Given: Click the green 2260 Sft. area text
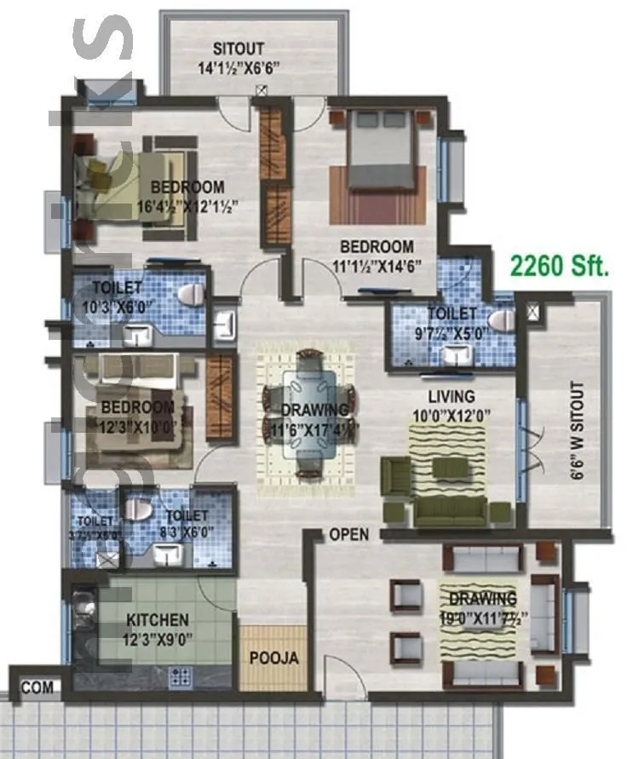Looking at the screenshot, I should click(560, 266).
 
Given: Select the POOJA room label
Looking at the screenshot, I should click(273, 658).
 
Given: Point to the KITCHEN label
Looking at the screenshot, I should click(158, 619).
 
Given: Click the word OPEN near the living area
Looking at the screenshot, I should click(349, 535).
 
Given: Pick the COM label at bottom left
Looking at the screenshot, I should click(36, 686).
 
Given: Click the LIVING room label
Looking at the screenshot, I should click(452, 397).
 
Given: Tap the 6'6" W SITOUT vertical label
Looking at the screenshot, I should click(579, 431).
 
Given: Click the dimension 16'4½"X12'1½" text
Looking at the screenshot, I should click(187, 205).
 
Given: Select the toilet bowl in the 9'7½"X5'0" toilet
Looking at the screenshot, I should click(504, 321).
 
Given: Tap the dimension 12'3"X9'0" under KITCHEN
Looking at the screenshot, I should click(158, 637).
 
